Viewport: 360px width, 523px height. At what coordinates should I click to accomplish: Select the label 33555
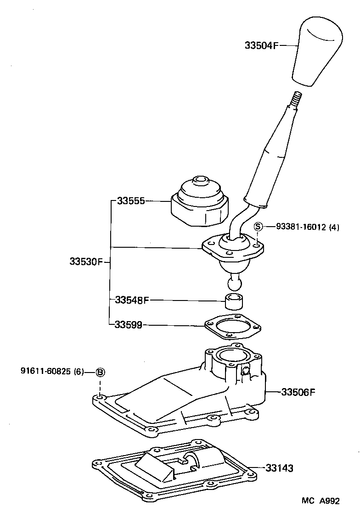[x=131, y=200]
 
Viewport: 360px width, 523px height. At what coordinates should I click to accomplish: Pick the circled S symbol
[x=258, y=226]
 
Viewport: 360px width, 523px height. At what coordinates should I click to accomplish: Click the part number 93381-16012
[x=300, y=227]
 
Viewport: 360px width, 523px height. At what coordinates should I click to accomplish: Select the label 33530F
[x=86, y=262]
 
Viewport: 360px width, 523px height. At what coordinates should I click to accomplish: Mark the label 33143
[x=279, y=468]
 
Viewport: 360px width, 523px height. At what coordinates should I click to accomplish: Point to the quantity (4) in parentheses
[x=334, y=227]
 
